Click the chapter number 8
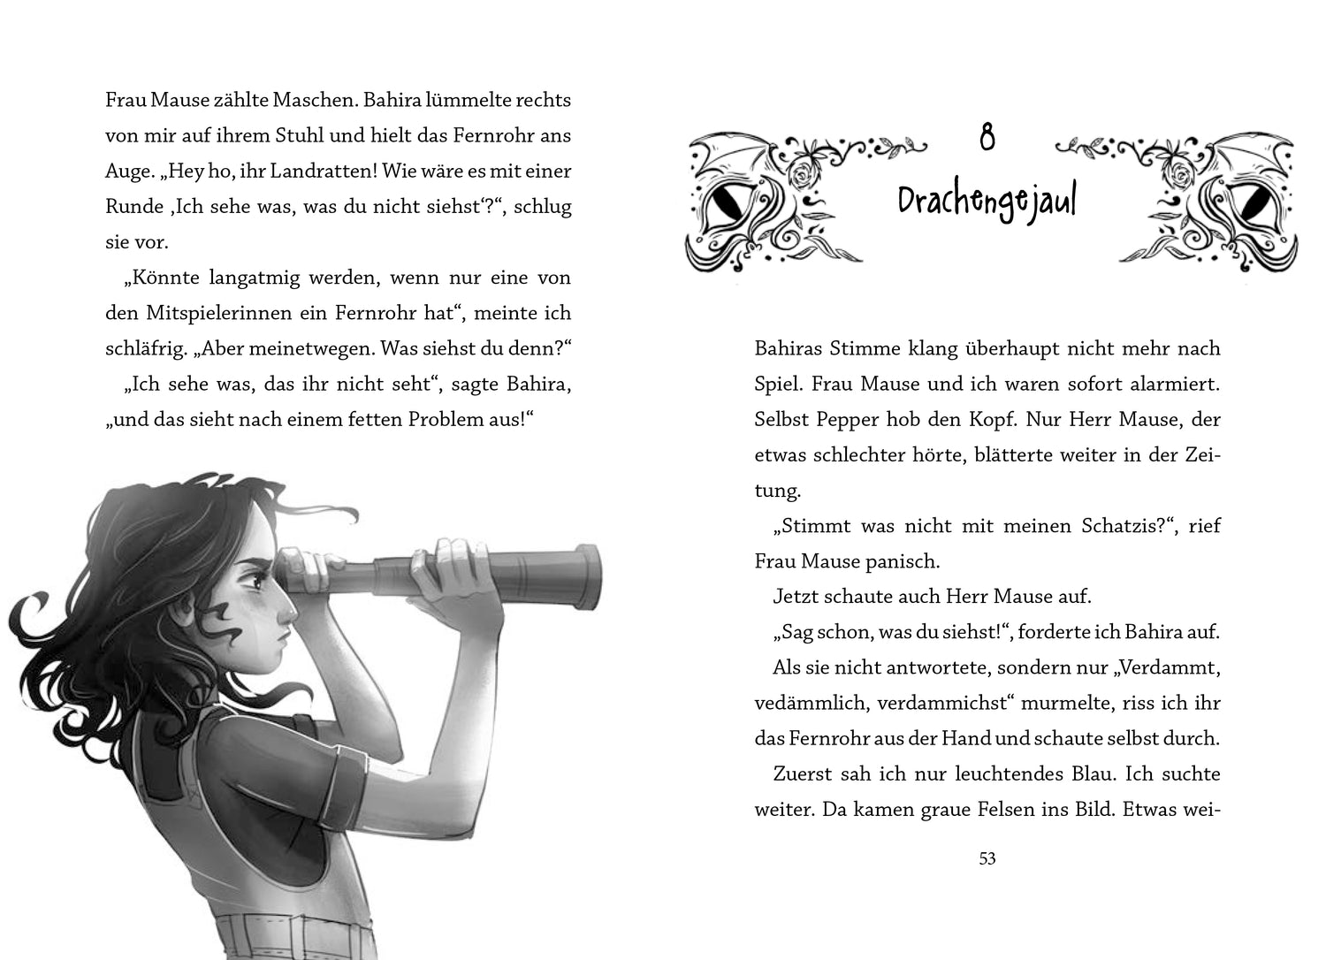987,139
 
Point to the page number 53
987,858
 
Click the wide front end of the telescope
586,575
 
